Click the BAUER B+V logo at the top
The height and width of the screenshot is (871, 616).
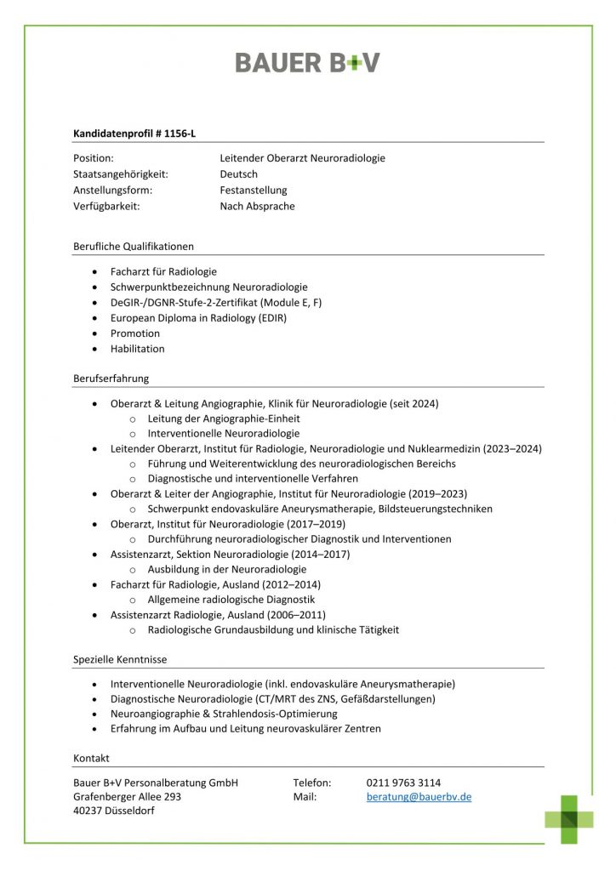(307, 62)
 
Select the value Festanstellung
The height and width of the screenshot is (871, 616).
(254, 190)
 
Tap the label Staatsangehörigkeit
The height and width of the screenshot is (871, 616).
(121, 174)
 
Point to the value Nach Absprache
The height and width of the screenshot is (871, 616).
(257, 206)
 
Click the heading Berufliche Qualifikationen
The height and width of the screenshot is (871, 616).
(134, 247)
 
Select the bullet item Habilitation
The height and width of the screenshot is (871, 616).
(137, 349)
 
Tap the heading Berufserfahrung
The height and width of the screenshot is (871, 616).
(111, 379)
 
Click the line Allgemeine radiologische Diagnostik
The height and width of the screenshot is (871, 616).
(231, 600)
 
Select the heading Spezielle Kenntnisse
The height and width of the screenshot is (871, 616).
(119, 659)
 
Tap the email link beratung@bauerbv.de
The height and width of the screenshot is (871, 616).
(419, 797)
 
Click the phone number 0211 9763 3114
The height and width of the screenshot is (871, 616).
(403, 783)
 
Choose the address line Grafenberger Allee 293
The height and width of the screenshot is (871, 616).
(127, 797)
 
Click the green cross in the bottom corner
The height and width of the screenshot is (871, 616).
(569, 818)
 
